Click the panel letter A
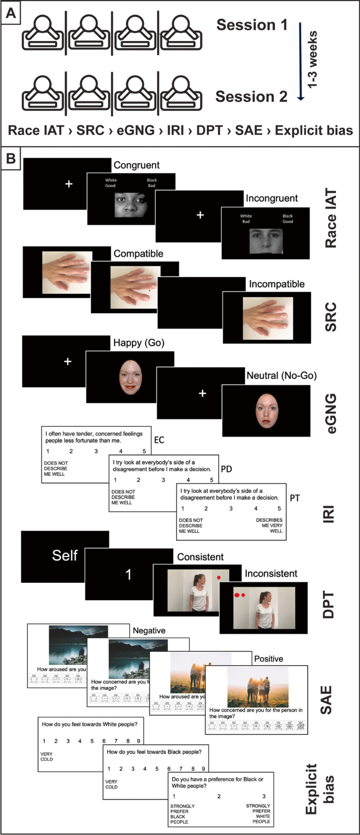coord(11,14)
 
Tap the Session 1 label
coord(252,25)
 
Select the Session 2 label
coord(251,97)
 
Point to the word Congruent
coord(137,165)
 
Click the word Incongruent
coord(272,199)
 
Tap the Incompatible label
coord(276,284)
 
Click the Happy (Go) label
coord(139,343)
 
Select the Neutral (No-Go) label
coord(281,376)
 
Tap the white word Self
coord(65,555)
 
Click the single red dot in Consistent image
coord(219,578)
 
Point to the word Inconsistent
coord(271,573)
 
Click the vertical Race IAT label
coord(330,218)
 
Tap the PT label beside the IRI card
coord(295,498)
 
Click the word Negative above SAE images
coord(149,630)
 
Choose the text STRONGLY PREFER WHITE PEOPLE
coord(258,813)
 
